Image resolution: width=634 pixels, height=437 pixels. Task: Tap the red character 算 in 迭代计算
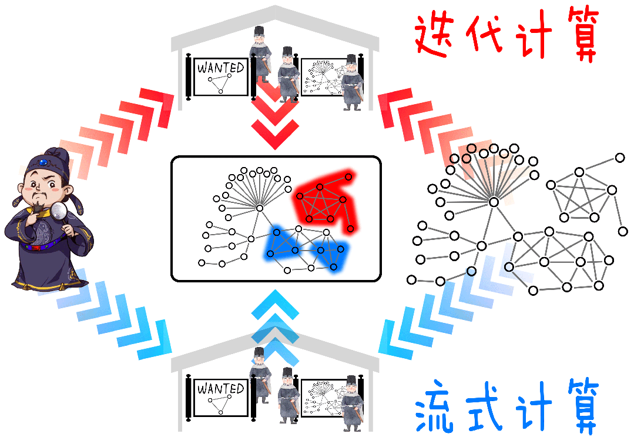(x=579, y=35)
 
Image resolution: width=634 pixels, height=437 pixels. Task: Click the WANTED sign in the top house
(x=220, y=76)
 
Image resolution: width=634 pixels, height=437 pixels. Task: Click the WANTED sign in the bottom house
(x=220, y=397)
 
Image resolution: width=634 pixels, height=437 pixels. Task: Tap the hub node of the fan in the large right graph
(x=494, y=202)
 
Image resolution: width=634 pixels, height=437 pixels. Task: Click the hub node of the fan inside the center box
(x=259, y=208)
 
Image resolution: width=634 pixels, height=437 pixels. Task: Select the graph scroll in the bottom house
(x=323, y=398)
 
